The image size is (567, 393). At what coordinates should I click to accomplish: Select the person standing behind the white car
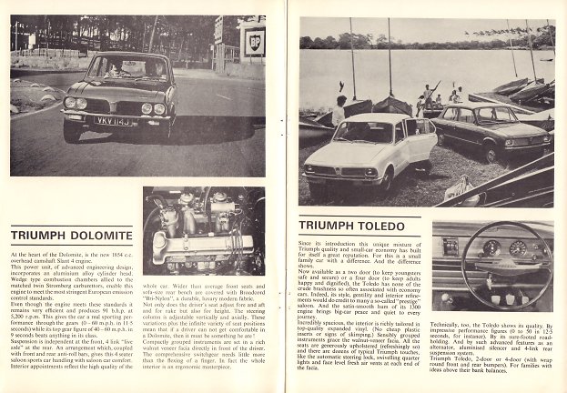[x=339, y=110]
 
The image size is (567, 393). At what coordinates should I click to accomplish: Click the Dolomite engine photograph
[x=203, y=231]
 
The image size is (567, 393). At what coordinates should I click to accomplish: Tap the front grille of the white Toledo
[x=340, y=171]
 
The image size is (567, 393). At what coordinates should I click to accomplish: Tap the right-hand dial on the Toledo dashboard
[x=519, y=247]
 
